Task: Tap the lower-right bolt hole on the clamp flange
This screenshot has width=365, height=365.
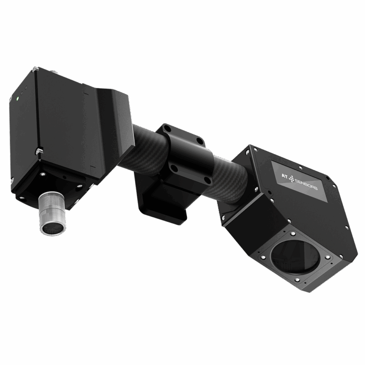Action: click(x=207, y=180)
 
